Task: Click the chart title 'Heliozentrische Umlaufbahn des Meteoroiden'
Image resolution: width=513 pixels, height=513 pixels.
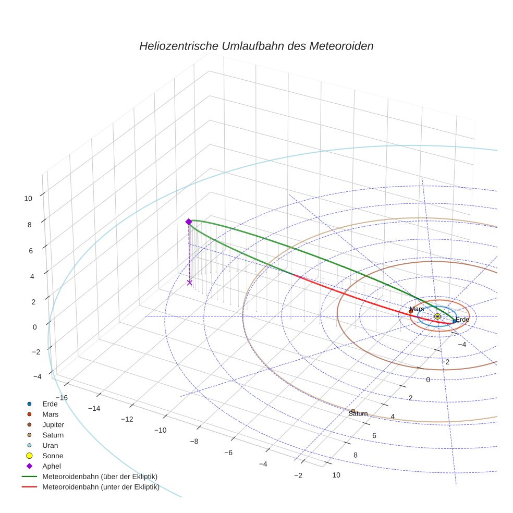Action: point(256,46)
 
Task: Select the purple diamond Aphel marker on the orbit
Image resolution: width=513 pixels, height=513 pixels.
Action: point(189,222)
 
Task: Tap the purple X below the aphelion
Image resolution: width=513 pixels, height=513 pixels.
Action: point(189,283)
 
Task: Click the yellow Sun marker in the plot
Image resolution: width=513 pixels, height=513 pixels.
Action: point(437,316)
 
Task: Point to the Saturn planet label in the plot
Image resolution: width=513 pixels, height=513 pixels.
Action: point(358,413)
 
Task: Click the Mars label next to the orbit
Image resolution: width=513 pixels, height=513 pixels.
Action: point(417,309)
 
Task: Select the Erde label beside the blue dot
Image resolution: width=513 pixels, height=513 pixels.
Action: point(462,320)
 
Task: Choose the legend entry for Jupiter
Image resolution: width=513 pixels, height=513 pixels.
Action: point(53,424)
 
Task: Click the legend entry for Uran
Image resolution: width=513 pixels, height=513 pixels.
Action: point(50,445)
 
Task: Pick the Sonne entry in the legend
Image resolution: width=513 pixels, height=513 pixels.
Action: point(53,456)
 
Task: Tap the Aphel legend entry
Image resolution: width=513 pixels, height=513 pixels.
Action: point(51,466)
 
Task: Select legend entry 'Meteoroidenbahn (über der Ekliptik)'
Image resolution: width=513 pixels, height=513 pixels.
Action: point(100,477)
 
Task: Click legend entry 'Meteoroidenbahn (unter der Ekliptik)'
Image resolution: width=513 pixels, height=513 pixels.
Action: point(101,487)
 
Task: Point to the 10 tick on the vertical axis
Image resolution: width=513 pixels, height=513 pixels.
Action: point(28,198)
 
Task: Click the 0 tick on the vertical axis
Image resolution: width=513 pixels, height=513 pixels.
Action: point(35,327)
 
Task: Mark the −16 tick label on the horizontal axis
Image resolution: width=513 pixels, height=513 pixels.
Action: point(61,397)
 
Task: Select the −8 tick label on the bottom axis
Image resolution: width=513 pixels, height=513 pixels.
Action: point(194,442)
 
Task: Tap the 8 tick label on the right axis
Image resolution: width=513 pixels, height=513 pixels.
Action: point(356,455)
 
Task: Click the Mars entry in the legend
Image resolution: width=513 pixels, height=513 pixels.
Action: point(50,414)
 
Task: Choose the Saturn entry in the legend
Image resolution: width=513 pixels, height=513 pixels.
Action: point(53,435)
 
